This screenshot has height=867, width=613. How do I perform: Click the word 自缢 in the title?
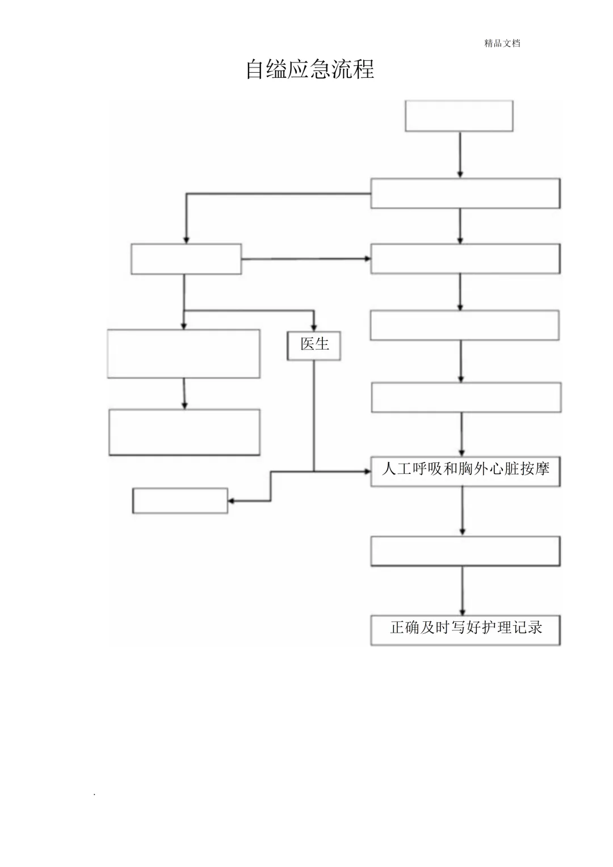(x=266, y=70)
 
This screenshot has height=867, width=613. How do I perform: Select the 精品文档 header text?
(x=502, y=43)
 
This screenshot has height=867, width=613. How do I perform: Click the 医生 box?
(x=314, y=345)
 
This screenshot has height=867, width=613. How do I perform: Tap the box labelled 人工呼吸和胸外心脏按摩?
(x=465, y=471)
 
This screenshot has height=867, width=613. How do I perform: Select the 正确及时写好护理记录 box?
(x=465, y=630)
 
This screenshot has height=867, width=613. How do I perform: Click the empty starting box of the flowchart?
(x=459, y=116)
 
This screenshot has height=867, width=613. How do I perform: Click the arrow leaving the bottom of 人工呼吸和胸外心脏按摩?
(x=463, y=511)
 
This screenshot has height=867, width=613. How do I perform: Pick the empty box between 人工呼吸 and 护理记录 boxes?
(x=465, y=551)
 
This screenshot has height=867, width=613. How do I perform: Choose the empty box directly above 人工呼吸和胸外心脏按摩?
(x=466, y=397)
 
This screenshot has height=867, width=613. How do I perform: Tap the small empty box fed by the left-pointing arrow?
(x=180, y=500)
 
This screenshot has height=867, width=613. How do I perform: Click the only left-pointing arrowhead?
(x=232, y=500)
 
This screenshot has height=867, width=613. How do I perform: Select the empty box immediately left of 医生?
(x=184, y=353)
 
